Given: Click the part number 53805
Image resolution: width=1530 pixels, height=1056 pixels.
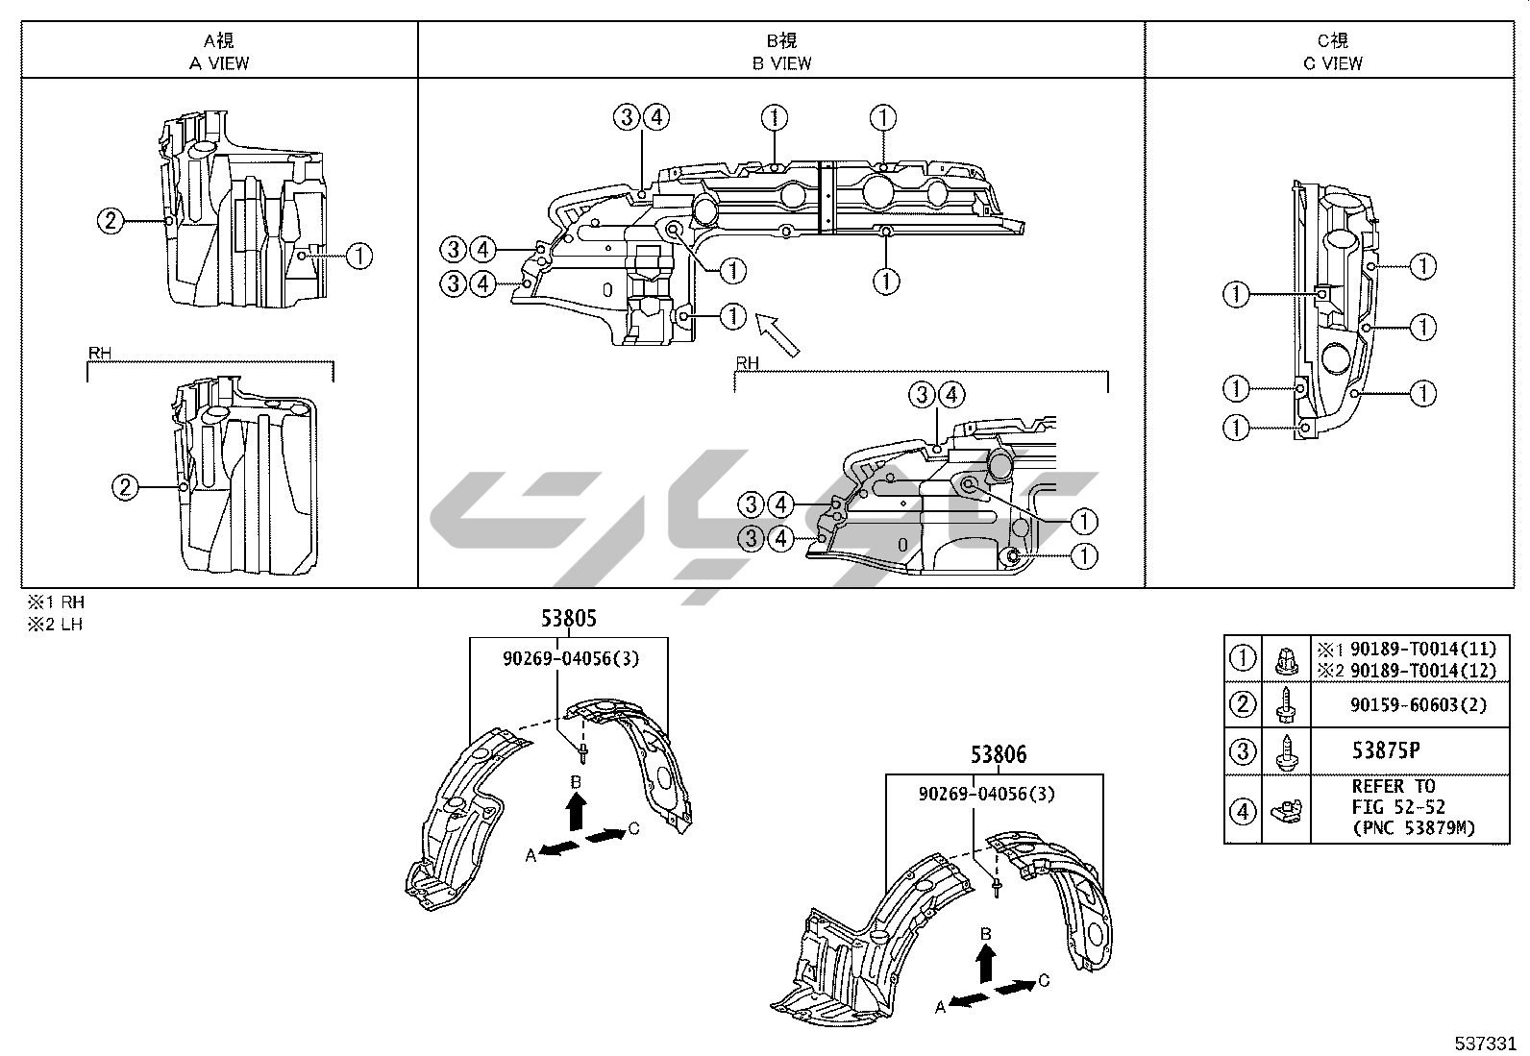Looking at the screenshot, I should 568,619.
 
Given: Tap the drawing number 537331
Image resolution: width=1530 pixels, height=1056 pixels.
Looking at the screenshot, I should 1484,1043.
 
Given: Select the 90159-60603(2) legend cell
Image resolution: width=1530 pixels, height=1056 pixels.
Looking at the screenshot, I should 1418,704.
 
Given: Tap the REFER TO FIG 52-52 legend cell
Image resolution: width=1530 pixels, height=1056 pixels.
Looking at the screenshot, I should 1412,807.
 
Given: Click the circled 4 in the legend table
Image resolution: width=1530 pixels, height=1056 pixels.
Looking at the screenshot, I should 1243,811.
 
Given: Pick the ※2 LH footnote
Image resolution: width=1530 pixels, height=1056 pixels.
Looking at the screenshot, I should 56,625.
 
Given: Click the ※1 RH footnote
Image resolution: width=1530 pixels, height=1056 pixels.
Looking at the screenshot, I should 56,603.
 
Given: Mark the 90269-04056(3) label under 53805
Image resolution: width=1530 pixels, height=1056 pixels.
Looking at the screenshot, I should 570,658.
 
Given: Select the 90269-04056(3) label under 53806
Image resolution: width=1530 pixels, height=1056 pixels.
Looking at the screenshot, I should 986,794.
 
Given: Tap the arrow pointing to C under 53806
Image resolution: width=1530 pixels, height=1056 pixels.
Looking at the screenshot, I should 1017,986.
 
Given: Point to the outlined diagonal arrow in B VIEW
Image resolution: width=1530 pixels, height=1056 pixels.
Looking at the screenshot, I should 777,334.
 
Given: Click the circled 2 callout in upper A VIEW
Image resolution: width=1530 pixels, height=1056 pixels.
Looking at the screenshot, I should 111,221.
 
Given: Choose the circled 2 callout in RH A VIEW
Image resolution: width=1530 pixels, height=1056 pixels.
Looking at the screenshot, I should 125,487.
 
